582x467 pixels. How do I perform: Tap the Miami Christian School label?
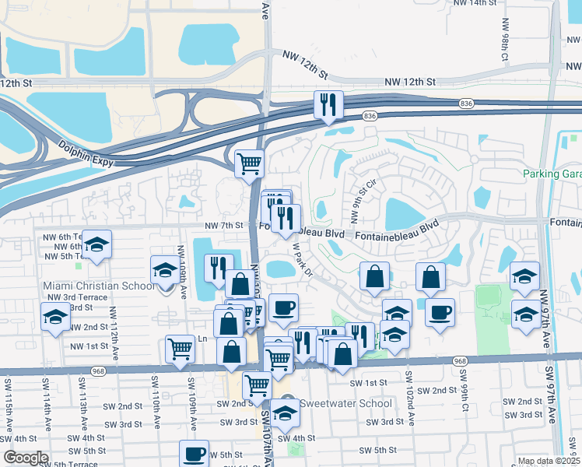pos(99,286)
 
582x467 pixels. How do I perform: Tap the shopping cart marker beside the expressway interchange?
pos(250,164)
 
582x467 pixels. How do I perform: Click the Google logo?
pos(26,458)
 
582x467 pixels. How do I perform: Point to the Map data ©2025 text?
pos(549,461)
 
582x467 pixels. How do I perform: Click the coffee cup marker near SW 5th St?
pos(194,454)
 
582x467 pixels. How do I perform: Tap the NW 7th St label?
pos(224,226)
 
